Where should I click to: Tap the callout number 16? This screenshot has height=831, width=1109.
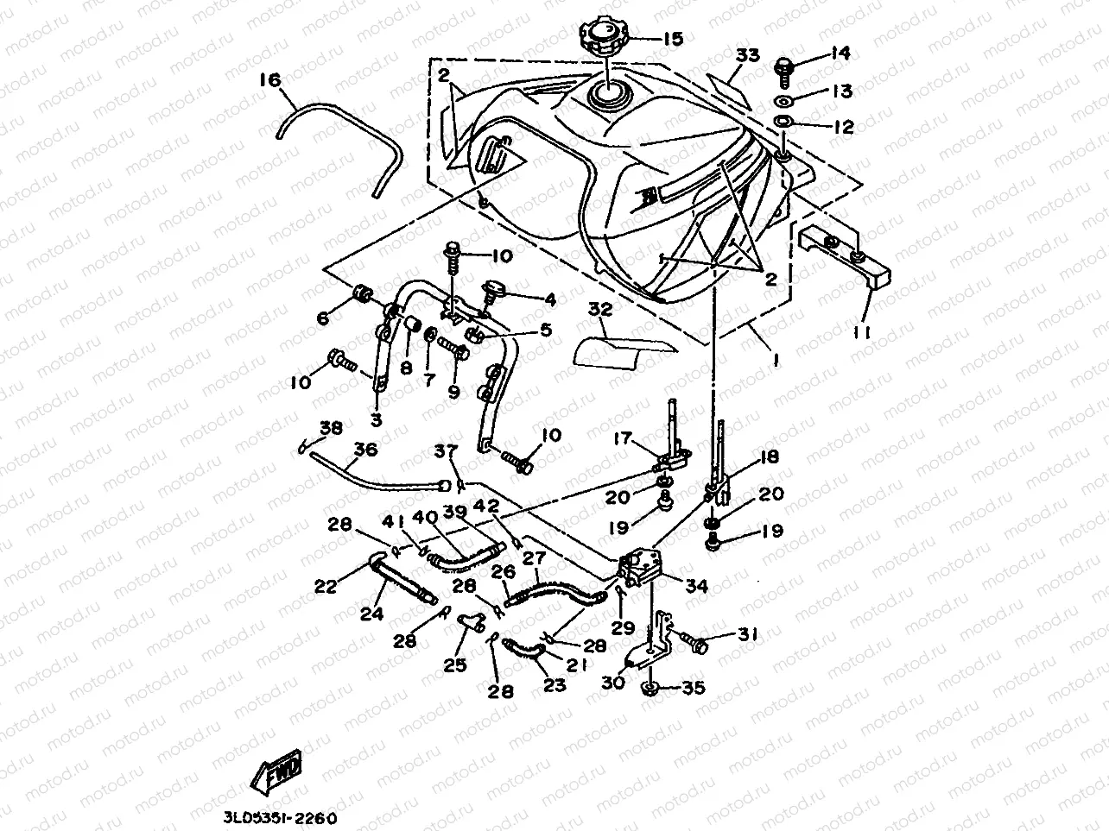point(270,79)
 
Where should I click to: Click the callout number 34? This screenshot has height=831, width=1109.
point(696,586)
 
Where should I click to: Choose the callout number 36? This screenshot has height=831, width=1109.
point(366,449)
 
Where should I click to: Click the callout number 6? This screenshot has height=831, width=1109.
point(323,318)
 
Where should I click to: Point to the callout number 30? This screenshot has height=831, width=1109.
point(612,682)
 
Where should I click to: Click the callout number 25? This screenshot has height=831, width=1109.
point(455,664)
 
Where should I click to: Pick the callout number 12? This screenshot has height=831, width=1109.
point(843,127)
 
